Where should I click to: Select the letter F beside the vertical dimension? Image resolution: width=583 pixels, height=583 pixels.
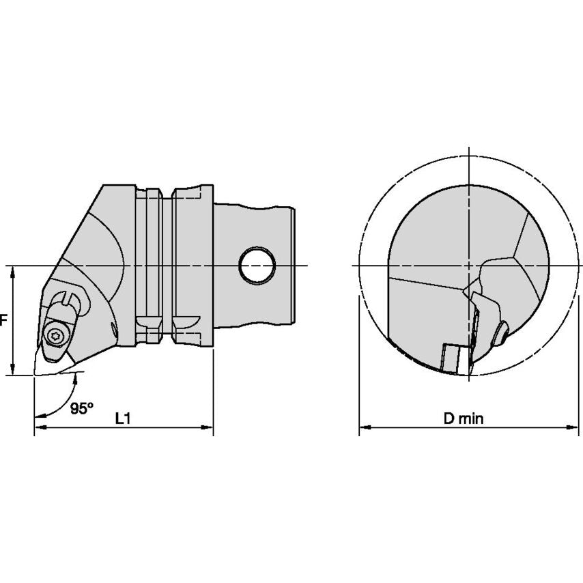[3, 319]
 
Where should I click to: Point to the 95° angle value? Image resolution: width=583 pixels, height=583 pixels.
[82, 408]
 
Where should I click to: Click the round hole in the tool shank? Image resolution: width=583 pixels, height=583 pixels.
[257, 265]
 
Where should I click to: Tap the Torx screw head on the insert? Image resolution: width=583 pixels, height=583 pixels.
[55, 335]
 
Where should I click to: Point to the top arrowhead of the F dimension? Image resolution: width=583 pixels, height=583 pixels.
[12, 271]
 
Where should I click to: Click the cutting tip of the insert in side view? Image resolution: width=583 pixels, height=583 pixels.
[34, 373]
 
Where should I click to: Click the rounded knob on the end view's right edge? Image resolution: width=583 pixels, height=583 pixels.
[502, 333]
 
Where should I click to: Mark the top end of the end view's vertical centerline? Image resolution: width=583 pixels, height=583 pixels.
[470, 148]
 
